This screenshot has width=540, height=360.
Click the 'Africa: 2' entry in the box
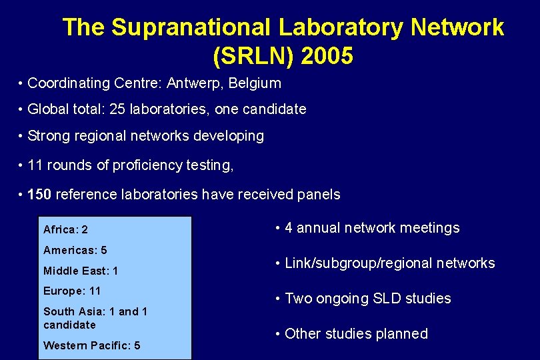[x=65, y=229]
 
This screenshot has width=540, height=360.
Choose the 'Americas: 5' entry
[x=75, y=250]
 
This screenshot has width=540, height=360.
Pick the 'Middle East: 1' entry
[x=81, y=271]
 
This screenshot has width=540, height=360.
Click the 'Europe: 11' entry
[x=71, y=291]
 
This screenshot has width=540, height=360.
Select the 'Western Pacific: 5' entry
[x=91, y=345]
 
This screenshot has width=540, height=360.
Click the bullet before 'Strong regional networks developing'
[x=22, y=136]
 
